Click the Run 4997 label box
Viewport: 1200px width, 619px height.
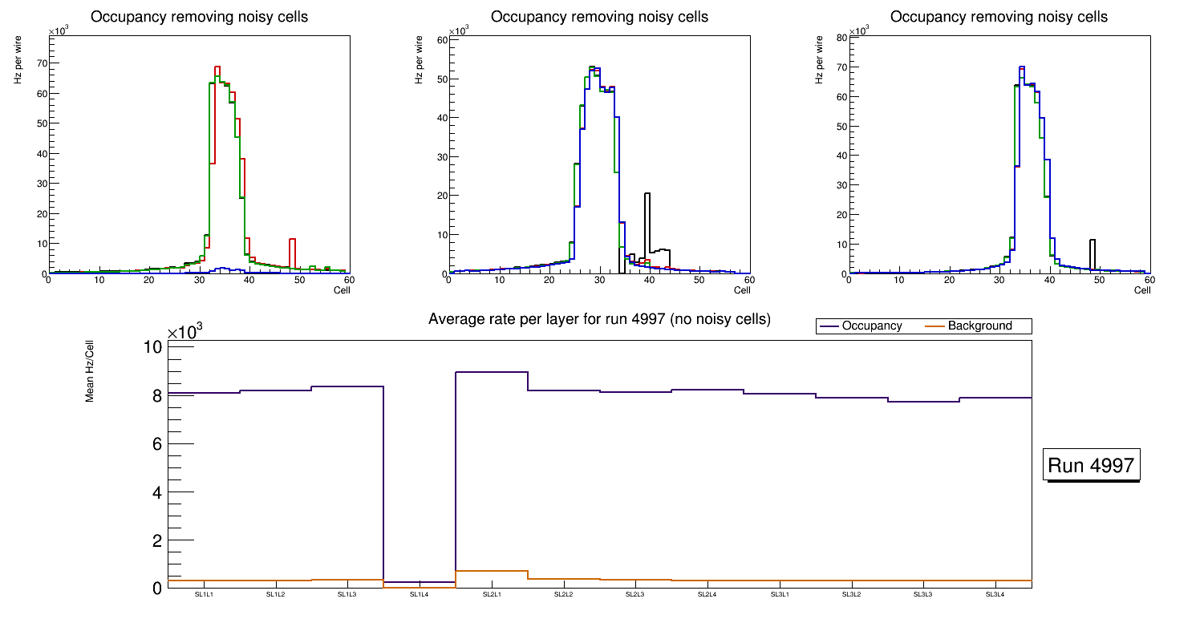1091,466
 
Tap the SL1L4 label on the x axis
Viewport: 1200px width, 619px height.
420,595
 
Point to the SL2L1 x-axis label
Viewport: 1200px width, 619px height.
491,595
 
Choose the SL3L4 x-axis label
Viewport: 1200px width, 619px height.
995,595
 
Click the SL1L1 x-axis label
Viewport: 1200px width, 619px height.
204,595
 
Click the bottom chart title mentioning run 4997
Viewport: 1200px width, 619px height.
599,320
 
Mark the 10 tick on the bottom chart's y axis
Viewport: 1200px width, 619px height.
153,347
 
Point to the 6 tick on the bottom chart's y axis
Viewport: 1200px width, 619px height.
156,444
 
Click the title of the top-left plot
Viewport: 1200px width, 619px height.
199,17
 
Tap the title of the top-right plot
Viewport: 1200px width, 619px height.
999,17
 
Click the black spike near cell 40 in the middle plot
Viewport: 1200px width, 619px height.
647,216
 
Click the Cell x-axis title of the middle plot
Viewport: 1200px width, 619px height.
742,290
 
